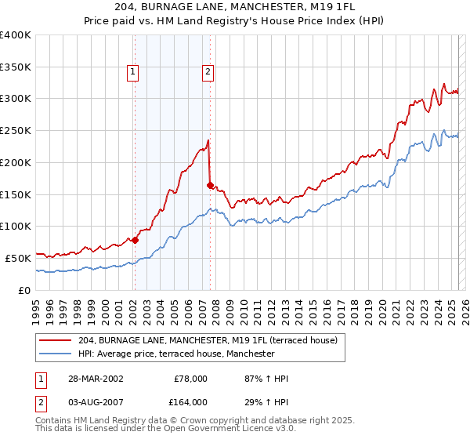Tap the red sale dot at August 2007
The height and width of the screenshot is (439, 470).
(x=210, y=185)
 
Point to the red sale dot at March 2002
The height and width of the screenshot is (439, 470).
(x=134, y=240)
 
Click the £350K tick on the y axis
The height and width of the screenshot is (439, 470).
(x=16, y=67)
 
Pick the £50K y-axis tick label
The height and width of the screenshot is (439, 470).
(x=17, y=258)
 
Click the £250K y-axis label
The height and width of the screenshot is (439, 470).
(x=16, y=130)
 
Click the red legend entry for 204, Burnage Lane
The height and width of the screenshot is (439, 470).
(x=208, y=340)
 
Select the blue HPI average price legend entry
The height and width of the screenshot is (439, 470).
(x=176, y=354)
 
